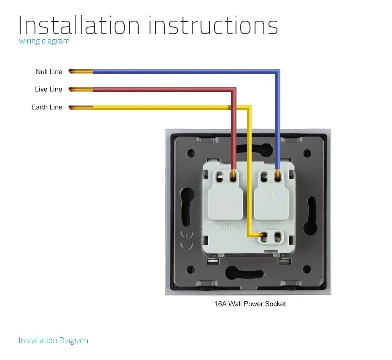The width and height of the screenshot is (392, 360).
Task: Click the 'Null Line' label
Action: pos(49,72)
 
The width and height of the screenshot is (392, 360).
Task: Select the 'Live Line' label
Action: pos(48,89)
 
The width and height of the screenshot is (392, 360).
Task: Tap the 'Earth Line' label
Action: pos(47,107)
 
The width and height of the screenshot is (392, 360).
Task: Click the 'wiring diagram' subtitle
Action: pos(44,41)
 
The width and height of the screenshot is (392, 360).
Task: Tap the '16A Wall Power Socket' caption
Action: pos(250,304)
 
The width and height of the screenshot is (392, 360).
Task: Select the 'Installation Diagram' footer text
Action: pos(53,341)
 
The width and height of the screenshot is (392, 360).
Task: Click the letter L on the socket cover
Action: pos(224,195)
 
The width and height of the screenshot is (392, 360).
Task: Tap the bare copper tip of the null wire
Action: pos(80,72)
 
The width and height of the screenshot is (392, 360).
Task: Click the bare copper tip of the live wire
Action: pos(80,89)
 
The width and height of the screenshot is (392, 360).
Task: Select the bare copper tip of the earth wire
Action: pos(80,107)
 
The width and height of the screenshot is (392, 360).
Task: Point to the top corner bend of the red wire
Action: pos(234,90)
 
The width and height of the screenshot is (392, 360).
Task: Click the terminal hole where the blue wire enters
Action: pos(278,176)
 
